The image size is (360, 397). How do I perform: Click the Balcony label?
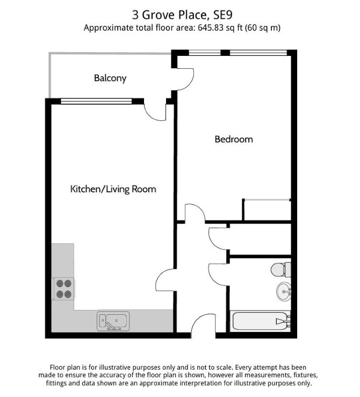[x=110, y=78]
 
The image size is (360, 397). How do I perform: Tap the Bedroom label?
[x=234, y=139]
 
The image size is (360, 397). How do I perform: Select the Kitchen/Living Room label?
[x=113, y=189]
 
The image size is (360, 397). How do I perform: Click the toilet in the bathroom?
[x=281, y=270]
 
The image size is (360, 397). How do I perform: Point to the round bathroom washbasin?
[x=284, y=292]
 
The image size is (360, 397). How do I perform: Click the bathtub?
[x=261, y=321]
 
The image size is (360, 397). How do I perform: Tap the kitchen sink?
[x=113, y=321]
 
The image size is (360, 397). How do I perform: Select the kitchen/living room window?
[x=96, y=102]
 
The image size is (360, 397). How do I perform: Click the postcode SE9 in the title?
[x=223, y=15]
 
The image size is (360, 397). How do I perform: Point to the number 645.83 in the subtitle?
[x=211, y=27]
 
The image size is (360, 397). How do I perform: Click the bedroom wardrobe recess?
[x=267, y=210]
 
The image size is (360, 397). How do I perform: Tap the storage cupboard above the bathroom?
[x=260, y=239]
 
